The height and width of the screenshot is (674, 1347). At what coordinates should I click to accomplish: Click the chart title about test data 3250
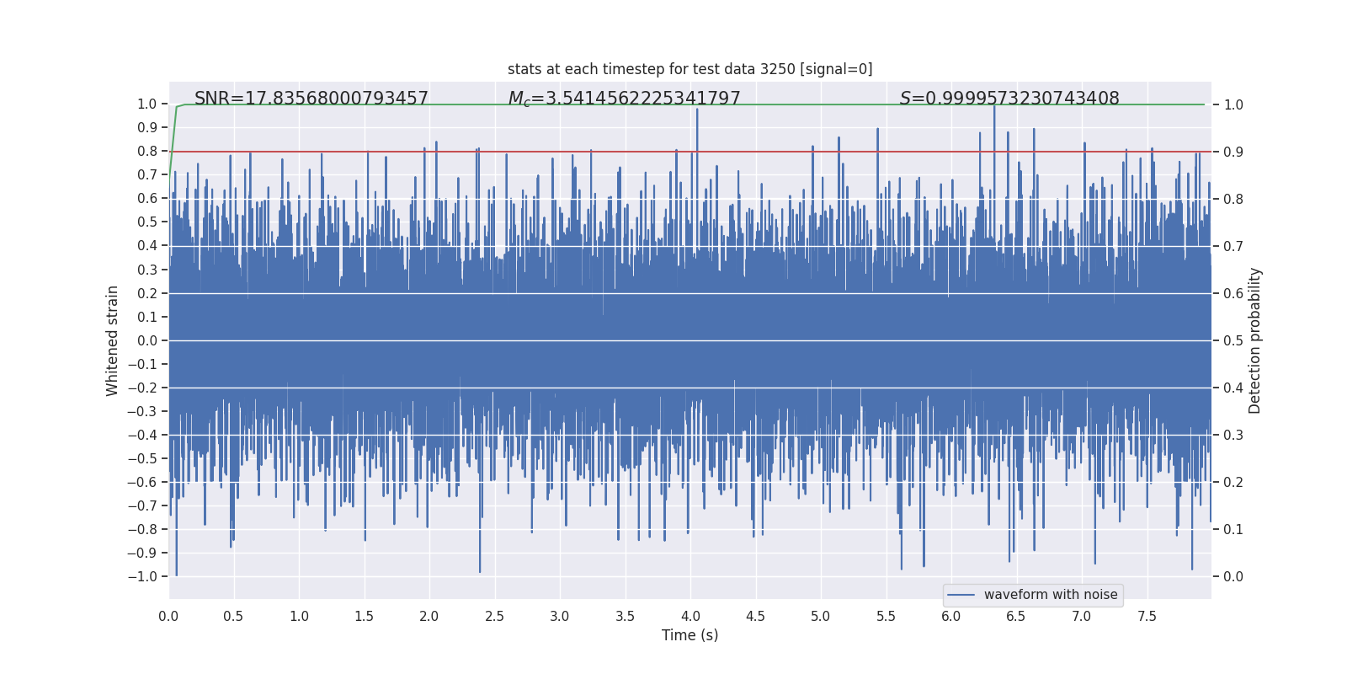pos(689,69)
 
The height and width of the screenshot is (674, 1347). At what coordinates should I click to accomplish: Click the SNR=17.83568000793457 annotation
pos(311,99)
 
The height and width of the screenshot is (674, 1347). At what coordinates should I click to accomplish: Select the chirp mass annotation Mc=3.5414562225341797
pos(624,99)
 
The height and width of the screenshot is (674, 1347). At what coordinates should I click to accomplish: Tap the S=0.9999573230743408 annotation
pos(1009,99)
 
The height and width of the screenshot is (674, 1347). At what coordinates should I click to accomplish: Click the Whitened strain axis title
pos(113,340)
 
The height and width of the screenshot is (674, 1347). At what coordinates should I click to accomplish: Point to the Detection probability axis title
pos(1255,340)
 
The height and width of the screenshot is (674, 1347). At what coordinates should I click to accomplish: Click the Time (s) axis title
pos(689,635)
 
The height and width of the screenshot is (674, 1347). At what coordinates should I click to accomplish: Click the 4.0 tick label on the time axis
pos(690,616)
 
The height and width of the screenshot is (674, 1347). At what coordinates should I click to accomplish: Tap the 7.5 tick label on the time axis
pos(1147,616)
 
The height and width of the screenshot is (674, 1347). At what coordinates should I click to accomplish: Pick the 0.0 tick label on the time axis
pos(168,616)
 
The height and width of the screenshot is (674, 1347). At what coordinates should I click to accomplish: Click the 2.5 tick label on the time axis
pos(494,616)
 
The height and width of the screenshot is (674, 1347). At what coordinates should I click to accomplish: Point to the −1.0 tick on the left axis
pos(142,576)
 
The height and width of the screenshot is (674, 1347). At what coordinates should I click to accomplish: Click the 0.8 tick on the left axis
pos(147,152)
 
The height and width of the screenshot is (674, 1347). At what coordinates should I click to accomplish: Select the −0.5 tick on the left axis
pos(142,458)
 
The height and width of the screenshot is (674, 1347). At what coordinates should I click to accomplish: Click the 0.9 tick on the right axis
pos(1233,152)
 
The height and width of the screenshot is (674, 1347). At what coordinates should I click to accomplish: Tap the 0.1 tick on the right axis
pos(1233,529)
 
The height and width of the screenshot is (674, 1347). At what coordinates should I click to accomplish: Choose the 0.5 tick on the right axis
pos(1233,340)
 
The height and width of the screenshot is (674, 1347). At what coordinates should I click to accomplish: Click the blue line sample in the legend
pos(961,595)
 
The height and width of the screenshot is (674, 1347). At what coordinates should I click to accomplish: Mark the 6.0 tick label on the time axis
pos(951,616)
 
